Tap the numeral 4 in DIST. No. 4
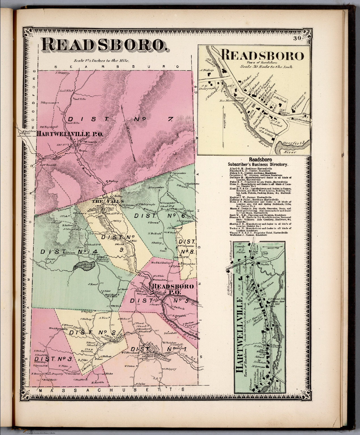(84, 251)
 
